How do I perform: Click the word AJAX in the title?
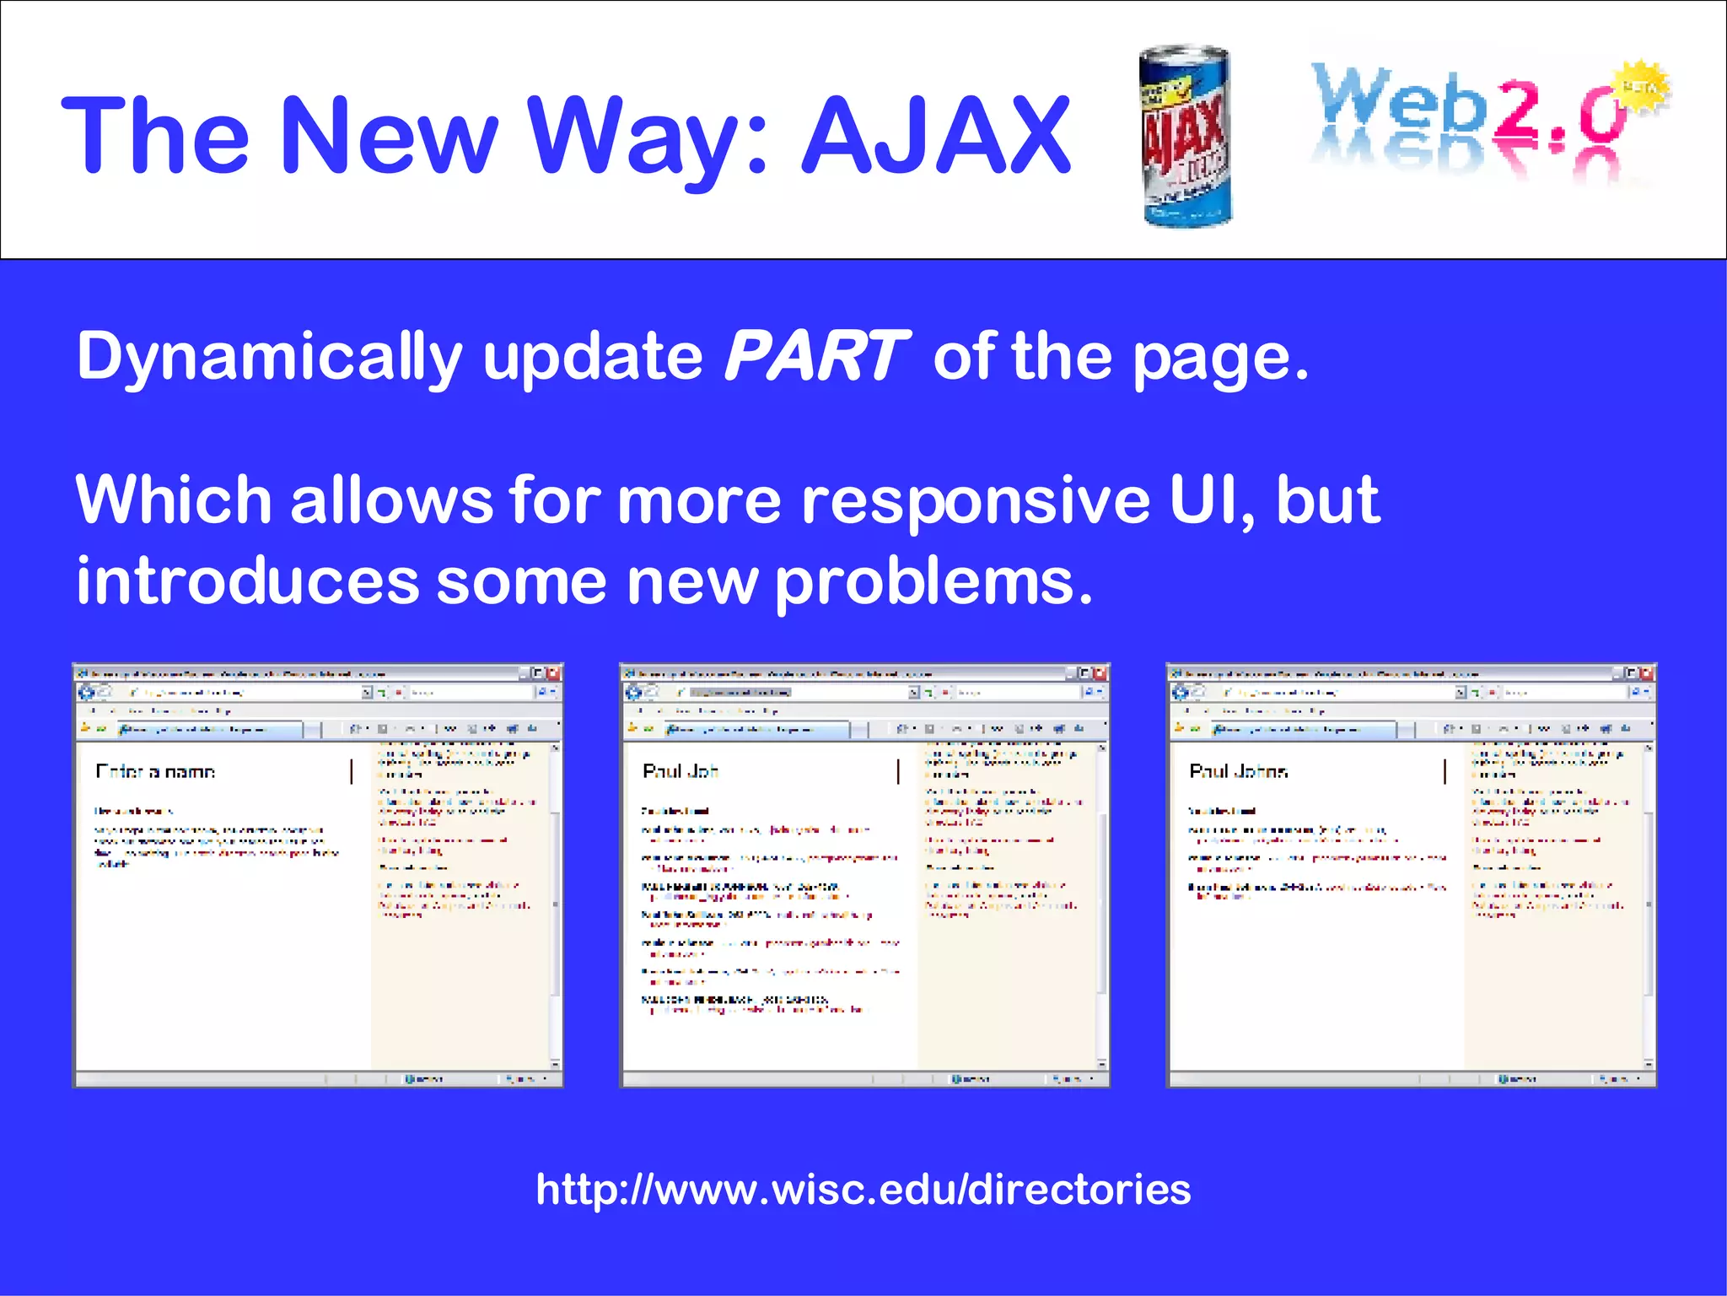pos(936,135)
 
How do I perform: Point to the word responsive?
pos(976,499)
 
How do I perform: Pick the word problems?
pos(933,582)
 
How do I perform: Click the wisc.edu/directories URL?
pos(863,1190)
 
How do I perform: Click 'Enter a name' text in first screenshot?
pos(156,771)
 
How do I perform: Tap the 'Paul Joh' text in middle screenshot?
pos(681,771)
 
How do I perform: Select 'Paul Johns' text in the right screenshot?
pos(1238,771)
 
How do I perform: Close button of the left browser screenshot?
pos(553,673)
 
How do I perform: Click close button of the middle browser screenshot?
pos(1100,673)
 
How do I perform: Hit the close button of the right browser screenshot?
pos(1647,673)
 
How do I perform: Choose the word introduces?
pos(247,582)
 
